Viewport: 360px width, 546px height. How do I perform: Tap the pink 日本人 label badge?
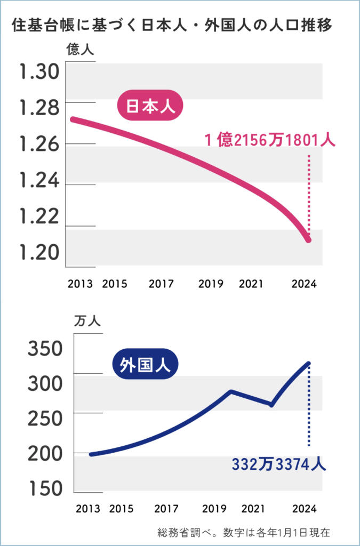(x=150, y=106)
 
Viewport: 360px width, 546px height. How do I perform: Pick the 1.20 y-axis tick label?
(x=39, y=252)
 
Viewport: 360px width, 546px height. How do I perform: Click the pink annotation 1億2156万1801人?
(x=270, y=140)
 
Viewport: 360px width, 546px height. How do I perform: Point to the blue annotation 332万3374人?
(x=278, y=463)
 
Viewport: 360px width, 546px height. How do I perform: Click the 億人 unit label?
(x=81, y=51)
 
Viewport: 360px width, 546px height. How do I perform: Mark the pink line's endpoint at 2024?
(x=308, y=240)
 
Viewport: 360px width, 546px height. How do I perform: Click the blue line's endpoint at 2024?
(x=308, y=364)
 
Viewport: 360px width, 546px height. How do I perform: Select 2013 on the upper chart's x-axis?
(x=81, y=284)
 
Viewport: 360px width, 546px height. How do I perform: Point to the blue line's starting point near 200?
(x=91, y=454)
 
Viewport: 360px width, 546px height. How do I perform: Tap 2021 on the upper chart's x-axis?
(x=251, y=284)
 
